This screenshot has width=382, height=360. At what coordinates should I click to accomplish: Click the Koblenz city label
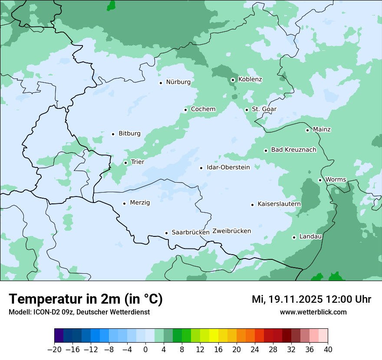tap(250, 79)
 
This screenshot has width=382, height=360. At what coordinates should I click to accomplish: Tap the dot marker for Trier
tap(125, 163)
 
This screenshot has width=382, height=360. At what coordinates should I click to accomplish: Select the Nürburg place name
tap(178, 82)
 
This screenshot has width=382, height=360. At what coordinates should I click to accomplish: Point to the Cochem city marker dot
tap(185, 110)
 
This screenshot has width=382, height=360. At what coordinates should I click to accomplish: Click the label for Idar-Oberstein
tap(228, 167)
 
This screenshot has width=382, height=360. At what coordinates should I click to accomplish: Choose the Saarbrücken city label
tap(191, 232)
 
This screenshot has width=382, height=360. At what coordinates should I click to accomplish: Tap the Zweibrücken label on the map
tap(231, 231)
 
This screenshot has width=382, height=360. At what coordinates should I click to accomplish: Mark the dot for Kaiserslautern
tap(252, 205)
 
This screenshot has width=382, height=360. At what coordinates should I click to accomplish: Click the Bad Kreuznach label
tap(293, 150)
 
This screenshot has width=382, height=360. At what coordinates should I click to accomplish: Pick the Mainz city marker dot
tap(307, 130)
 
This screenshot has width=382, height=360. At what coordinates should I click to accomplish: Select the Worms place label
tap(336, 180)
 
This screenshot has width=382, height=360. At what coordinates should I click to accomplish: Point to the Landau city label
tap(310, 237)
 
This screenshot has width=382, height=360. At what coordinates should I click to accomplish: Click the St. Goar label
tap(264, 109)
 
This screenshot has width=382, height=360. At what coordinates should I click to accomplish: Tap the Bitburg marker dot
tap(113, 134)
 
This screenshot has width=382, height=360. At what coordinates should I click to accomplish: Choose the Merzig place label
tap(140, 203)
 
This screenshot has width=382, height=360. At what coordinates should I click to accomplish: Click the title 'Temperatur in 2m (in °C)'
tap(86, 299)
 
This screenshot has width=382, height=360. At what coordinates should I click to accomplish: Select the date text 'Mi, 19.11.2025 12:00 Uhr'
tap(311, 299)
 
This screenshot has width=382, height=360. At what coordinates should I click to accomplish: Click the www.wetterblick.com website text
tap(313, 312)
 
